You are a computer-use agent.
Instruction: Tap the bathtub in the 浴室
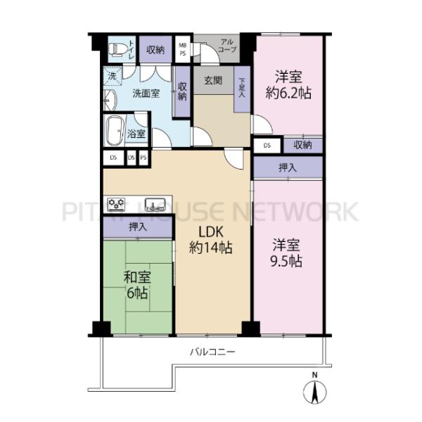pyautogui.click(x=115, y=131)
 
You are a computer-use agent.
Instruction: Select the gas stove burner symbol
pyautogui.click(x=116, y=204)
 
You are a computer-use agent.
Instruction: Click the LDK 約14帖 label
pyautogui.click(x=211, y=240)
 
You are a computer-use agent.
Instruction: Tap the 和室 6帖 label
pyautogui.click(x=137, y=286)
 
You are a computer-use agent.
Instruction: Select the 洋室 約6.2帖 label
pyautogui.click(x=288, y=85)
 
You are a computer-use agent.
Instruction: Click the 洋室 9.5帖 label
pyautogui.click(x=286, y=253)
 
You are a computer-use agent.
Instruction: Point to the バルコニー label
pyautogui.click(x=212, y=352)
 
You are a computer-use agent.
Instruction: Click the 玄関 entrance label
pyautogui.click(x=213, y=80)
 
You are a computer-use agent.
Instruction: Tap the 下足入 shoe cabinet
pyautogui.click(x=242, y=89)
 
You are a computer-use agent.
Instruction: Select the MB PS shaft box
pyautogui.click(x=183, y=49)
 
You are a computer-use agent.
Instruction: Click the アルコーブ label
pyautogui.click(x=227, y=46)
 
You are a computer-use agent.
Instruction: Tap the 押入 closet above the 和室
pyautogui.click(x=138, y=227)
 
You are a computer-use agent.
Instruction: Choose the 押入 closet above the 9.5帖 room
pyautogui.click(x=288, y=168)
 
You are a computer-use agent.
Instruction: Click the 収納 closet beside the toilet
pyautogui.click(x=155, y=50)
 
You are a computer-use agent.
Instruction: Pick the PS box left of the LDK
pyautogui.click(x=143, y=158)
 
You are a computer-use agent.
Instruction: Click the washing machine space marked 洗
pyautogui.click(x=113, y=76)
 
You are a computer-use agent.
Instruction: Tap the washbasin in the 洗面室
pyautogui.click(x=110, y=100)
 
